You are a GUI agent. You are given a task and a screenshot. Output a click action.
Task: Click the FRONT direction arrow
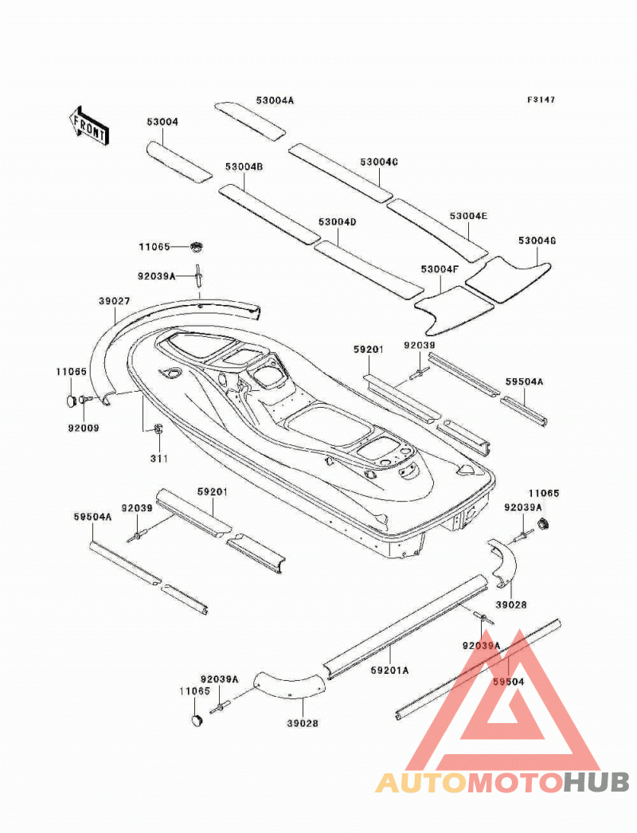89,125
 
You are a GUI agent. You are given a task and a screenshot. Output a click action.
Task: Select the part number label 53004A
275,100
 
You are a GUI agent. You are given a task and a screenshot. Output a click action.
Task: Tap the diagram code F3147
541,100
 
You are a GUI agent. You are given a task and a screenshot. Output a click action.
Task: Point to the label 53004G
537,241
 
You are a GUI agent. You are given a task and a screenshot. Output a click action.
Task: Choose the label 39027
114,301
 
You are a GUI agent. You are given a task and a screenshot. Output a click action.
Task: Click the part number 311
158,459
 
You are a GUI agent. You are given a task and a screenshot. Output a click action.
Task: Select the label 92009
84,428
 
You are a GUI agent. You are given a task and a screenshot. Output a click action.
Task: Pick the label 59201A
390,671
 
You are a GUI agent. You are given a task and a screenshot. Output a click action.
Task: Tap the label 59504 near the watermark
508,682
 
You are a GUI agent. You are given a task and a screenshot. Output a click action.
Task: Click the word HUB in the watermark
596,783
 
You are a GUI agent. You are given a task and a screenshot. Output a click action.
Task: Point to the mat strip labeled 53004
179,162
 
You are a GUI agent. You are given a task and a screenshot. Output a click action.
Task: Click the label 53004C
379,162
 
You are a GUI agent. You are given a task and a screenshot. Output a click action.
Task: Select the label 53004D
338,221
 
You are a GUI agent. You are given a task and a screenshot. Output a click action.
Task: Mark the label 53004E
468,217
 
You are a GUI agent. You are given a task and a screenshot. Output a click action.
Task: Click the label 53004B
244,166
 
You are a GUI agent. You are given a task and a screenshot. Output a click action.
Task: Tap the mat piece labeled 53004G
510,280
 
